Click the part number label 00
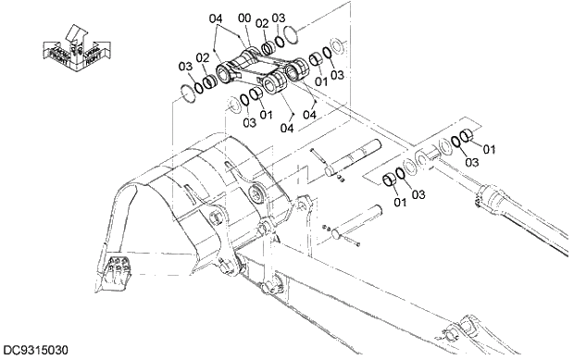pos(244,17)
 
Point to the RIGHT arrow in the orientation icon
pos(92,56)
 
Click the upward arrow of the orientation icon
pos(75,36)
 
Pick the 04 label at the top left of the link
pos(215,18)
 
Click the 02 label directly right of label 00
pos(262,22)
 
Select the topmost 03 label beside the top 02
pos(279,18)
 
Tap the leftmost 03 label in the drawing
pos(185,66)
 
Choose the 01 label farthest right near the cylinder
pos(490,148)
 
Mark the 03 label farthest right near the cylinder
pos(472,162)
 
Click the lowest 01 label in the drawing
pos(399,203)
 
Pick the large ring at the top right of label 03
pos(288,36)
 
